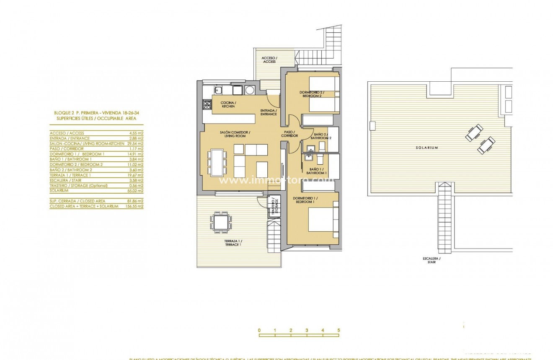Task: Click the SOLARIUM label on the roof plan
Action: click(427, 148)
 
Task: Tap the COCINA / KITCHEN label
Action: click(229, 105)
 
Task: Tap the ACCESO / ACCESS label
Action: click(269, 60)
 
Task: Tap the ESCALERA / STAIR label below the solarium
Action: click(432, 260)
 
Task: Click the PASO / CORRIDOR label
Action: click(290, 134)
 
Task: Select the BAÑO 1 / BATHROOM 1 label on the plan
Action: click(316, 171)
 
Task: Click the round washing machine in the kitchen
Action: click(250, 90)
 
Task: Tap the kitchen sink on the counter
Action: click(218, 89)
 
